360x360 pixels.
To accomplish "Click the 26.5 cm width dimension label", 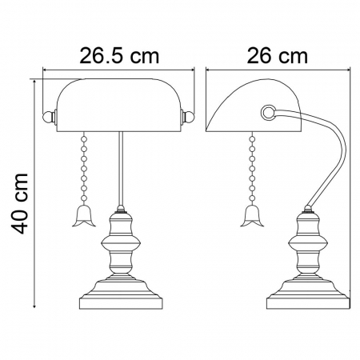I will (118, 56).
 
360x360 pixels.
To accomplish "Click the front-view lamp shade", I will (120, 104).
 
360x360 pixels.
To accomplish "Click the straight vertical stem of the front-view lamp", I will (120, 168).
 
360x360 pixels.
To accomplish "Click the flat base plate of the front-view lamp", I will (120, 302).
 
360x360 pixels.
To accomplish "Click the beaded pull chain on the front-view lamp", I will (83, 168).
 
